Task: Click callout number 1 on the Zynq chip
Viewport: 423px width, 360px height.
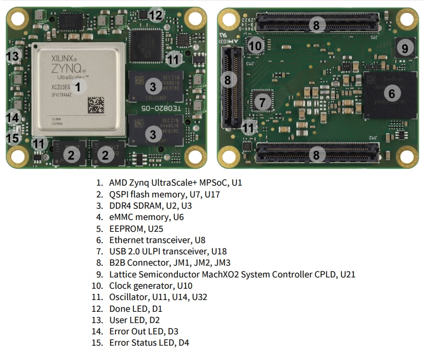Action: coord(78,87)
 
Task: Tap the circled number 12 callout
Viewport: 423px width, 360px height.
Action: coord(156,15)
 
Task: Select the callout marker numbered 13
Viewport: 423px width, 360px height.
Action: coord(13,56)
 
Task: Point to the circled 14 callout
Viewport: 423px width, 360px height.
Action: coord(13,117)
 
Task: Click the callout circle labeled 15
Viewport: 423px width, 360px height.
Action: coord(13,138)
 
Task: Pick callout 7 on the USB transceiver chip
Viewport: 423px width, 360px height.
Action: coord(263,102)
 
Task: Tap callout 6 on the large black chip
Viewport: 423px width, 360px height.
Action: coord(392,93)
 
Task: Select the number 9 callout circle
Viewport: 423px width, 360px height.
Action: coord(405,49)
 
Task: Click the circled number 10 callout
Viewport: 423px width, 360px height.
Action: coord(255,46)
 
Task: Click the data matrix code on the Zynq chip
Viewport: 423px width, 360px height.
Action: coord(96,105)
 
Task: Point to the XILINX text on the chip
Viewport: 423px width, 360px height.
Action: coord(64,59)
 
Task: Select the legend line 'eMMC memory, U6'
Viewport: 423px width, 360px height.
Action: coord(146,217)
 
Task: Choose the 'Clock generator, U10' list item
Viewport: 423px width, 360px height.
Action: coord(151,286)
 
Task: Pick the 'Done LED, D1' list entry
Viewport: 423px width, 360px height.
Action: coord(138,309)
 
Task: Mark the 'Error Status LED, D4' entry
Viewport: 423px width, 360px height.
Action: coord(149,343)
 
